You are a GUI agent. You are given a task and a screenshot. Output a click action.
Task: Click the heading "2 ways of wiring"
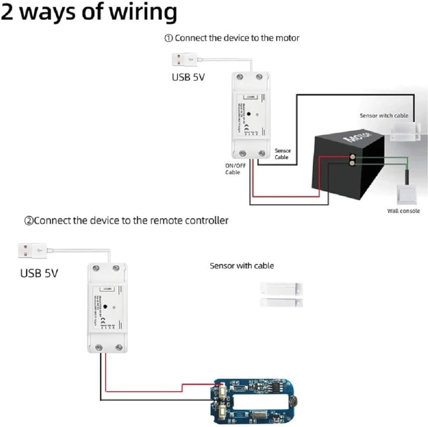89,13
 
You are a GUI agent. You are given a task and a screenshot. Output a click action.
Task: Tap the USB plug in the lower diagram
33,251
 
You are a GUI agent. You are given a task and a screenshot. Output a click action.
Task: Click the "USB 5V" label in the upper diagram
188,78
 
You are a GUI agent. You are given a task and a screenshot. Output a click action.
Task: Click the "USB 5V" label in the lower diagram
39,274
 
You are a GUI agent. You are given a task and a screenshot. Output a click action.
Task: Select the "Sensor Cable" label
283,154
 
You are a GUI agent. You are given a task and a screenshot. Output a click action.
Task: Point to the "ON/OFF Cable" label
235,169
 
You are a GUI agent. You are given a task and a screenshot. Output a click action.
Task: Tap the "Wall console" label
403,211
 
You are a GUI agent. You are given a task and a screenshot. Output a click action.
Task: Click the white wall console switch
406,194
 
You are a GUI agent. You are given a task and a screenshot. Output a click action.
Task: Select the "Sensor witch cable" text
384,115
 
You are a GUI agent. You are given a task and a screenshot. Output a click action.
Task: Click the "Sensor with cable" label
242,265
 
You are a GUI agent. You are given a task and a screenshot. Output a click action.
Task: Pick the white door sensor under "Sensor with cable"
281,294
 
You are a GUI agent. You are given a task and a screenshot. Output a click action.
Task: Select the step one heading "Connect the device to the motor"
232,38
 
